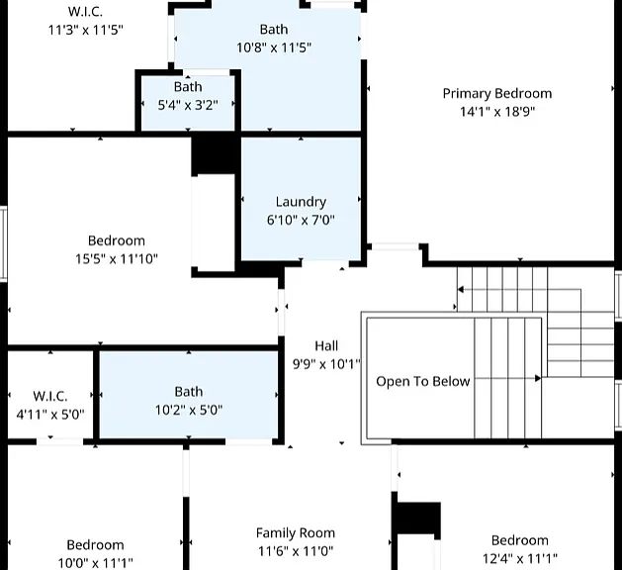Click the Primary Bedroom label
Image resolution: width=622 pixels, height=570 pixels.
pyautogui.click(x=497, y=94)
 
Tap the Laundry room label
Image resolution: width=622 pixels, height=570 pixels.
pyautogui.click(x=301, y=202)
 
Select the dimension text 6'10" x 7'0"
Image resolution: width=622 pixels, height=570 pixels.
pyautogui.click(x=301, y=220)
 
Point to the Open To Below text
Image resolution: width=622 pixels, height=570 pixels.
pyautogui.click(x=423, y=381)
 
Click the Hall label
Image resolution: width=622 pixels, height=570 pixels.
pyautogui.click(x=326, y=345)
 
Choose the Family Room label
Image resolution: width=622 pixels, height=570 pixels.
pyautogui.click(x=296, y=532)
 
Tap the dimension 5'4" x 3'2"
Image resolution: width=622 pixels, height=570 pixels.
pyautogui.click(x=188, y=105)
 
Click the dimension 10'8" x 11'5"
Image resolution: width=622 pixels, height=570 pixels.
pyautogui.click(x=274, y=47)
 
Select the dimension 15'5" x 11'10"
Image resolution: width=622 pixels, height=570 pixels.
pyautogui.click(x=117, y=259)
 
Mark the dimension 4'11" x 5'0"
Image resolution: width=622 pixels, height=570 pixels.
pyautogui.click(x=50, y=415)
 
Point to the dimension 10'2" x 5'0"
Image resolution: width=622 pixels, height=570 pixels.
pyautogui.click(x=189, y=410)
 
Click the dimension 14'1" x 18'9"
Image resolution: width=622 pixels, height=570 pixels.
pyautogui.click(x=497, y=112)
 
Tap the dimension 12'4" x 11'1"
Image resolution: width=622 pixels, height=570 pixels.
pyautogui.click(x=520, y=558)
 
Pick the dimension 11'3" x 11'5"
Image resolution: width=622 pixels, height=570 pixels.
pyautogui.click(x=86, y=30)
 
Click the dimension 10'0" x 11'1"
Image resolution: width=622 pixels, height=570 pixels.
pyautogui.click(x=95, y=563)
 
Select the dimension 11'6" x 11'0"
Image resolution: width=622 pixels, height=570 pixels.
pyautogui.click(x=296, y=551)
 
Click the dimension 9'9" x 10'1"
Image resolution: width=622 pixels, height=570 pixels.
pyautogui.click(x=326, y=364)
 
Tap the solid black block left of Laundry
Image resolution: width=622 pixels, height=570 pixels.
pyautogui.click(x=215, y=155)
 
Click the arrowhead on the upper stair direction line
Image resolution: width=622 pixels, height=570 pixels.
pyautogui.click(x=461, y=289)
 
